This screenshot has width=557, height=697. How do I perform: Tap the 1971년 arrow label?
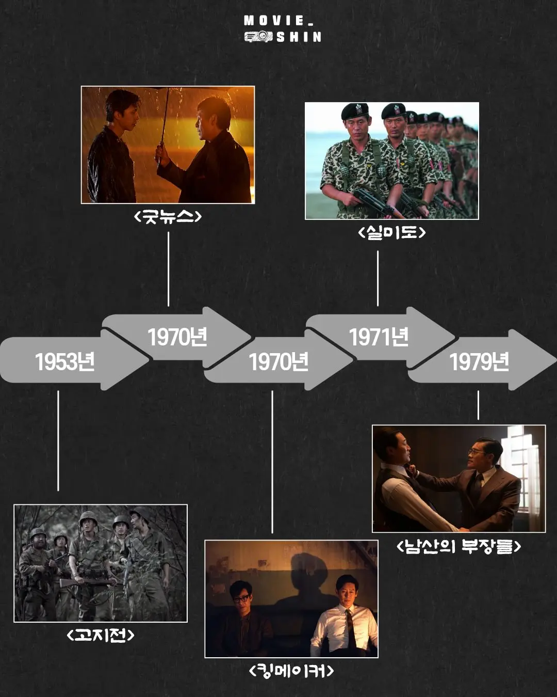click(379, 337)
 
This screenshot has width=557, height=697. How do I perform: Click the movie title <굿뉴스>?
click(168, 216)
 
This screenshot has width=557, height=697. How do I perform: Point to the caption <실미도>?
click(391, 232)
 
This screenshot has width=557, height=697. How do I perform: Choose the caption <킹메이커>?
click(291, 671)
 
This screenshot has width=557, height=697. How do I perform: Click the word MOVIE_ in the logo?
click(278, 21)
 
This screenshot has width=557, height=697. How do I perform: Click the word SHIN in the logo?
click(299, 37)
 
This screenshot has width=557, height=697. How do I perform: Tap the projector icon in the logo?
click(258, 37)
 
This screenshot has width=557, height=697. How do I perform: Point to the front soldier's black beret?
click(355, 111)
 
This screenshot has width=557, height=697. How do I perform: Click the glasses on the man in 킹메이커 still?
click(240, 599)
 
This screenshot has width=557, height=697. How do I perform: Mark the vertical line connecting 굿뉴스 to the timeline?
click(168, 269)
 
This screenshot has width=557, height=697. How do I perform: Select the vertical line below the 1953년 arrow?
click(58, 441)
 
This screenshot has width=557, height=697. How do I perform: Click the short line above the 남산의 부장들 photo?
click(479, 405)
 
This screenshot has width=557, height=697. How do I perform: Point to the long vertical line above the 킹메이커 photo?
click(272, 462)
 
